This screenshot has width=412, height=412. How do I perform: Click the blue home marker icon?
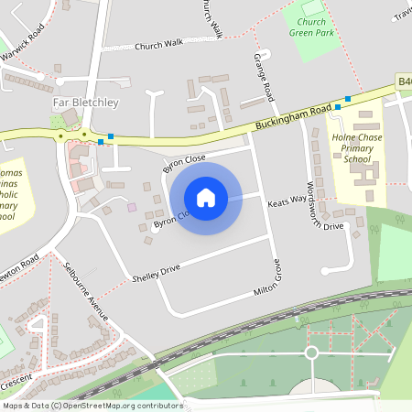tap(206, 197)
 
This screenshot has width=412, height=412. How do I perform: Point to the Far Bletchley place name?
tap(81, 103)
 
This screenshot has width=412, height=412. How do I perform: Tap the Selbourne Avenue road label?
tap(87, 291)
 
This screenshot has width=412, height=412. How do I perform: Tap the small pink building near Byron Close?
tap(132, 208)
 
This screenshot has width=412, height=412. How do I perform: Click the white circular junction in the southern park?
tap(310, 352)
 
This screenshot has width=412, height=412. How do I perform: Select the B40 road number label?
tap(404, 82)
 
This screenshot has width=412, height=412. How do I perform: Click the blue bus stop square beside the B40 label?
tap(347, 99)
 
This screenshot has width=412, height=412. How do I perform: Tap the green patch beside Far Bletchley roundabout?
tap(58, 121)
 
